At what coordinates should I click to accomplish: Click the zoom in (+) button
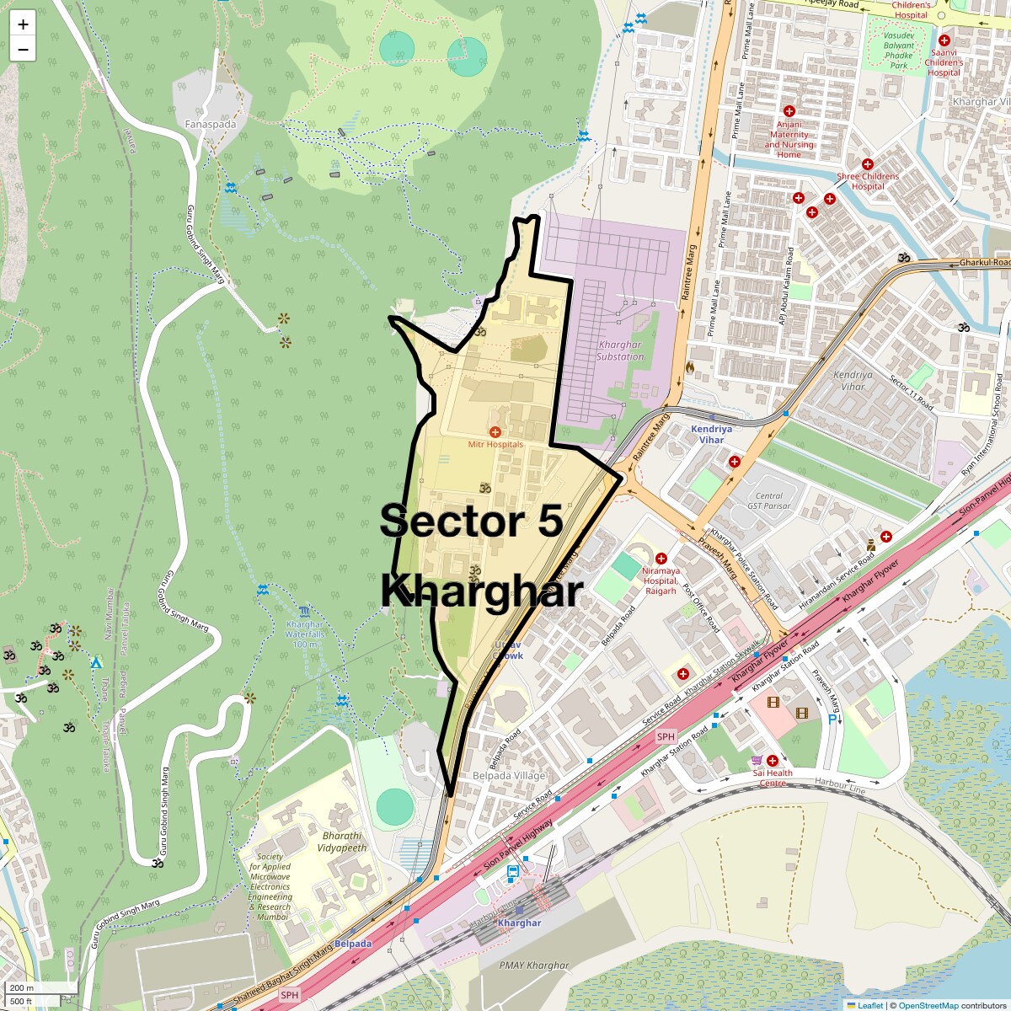click(x=23, y=24)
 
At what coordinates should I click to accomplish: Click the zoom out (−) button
click(x=23, y=50)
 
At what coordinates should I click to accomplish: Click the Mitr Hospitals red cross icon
click(x=495, y=431)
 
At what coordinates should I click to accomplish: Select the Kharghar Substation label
click(x=619, y=350)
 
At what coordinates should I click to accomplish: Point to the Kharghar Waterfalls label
click(x=304, y=634)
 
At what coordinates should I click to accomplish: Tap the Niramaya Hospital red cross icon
click(x=661, y=558)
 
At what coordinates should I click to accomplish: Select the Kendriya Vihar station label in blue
click(x=711, y=434)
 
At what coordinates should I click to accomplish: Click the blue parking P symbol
click(x=832, y=719)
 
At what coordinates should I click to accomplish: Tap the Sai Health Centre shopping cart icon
click(x=757, y=760)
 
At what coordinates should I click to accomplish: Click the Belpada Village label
click(x=509, y=776)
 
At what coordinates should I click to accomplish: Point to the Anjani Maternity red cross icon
click(x=789, y=111)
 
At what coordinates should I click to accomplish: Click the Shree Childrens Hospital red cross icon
click(x=867, y=163)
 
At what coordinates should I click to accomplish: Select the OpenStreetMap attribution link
click(x=928, y=1005)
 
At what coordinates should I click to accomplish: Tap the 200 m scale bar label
click(x=23, y=987)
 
